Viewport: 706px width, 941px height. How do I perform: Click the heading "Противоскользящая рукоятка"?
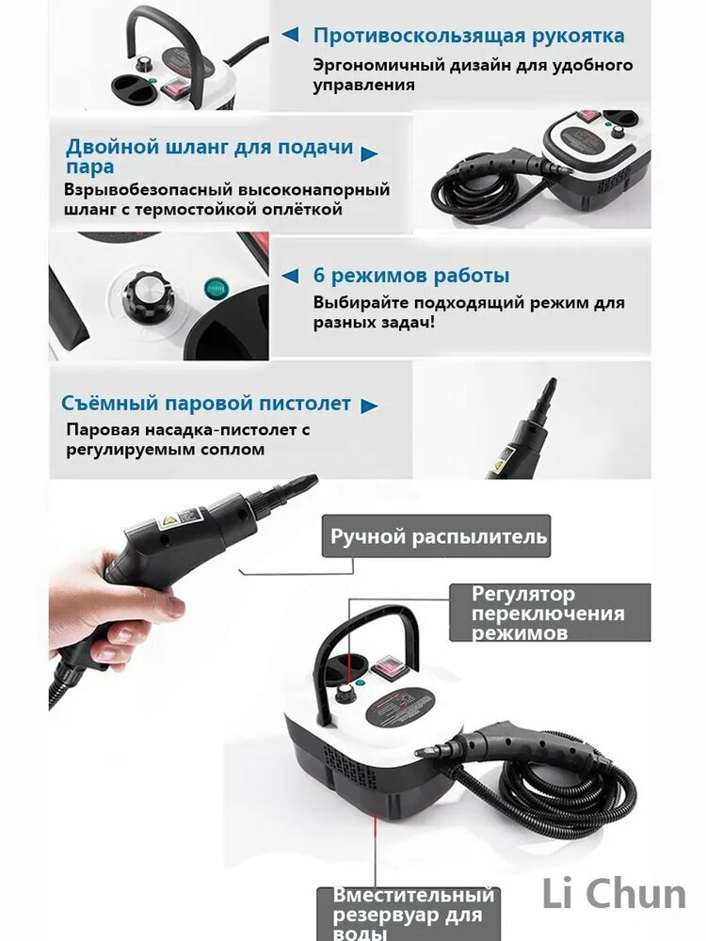click(468, 36)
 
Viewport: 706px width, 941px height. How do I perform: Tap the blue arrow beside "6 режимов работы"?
click(290, 277)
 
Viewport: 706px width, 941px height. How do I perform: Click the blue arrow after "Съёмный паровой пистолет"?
click(370, 406)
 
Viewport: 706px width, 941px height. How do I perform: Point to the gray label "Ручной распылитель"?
click(438, 537)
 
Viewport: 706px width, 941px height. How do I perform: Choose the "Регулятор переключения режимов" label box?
click(549, 613)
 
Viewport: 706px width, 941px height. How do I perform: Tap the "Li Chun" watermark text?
click(613, 894)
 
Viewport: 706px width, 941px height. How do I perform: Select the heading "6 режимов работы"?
click(411, 276)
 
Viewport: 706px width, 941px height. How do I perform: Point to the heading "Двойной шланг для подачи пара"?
click(209, 156)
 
